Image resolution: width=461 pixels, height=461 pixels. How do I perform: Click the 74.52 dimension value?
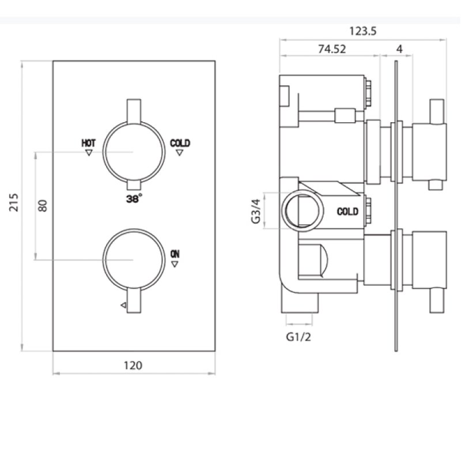tap(332, 49)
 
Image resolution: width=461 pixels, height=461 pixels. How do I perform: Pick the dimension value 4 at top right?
tap(399, 49)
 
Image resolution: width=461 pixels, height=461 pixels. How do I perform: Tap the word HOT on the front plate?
tap(89, 142)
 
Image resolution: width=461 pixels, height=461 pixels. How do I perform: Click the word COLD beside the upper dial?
tap(180, 142)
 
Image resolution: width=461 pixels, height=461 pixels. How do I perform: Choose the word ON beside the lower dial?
tap(175, 254)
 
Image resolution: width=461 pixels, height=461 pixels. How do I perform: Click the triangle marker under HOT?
tap(89, 153)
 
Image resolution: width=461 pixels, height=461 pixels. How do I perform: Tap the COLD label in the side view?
tap(347, 211)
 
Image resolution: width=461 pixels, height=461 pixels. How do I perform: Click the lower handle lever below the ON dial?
tap(134, 301)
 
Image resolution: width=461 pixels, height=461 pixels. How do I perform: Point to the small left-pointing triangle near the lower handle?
tap(122, 305)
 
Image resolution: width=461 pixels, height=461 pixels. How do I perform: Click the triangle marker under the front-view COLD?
tap(180, 153)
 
